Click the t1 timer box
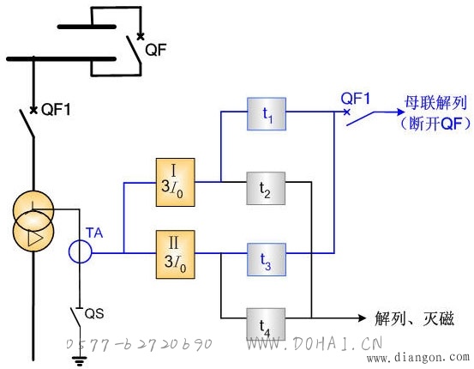(x=267, y=114)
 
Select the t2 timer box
(x=266, y=188)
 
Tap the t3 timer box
(x=267, y=259)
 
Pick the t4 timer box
(x=266, y=324)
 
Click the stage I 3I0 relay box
(x=176, y=182)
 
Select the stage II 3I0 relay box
(x=176, y=255)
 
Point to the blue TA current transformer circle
(x=80, y=251)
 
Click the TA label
(x=94, y=233)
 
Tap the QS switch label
(x=94, y=313)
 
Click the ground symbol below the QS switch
(x=80, y=361)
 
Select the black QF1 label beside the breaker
(x=56, y=109)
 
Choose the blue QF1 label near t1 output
(x=356, y=99)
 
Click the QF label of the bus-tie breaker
(x=156, y=50)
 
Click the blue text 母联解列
(x=435, y=103)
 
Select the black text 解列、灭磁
(x=415, y=318)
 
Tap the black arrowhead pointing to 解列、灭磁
(x=362, y=318)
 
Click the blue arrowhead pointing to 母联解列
(x=400, y=112)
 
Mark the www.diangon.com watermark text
(x=418, y=358)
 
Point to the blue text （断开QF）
(x=435, y=124)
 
